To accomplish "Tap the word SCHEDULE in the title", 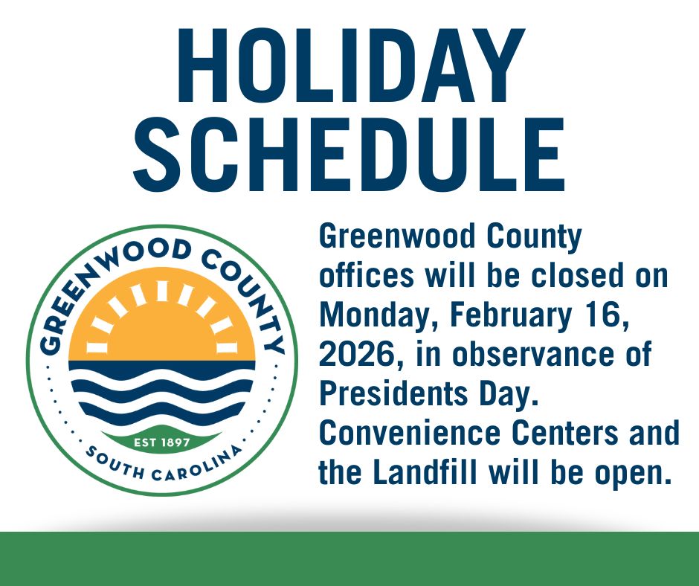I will (349, 158).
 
